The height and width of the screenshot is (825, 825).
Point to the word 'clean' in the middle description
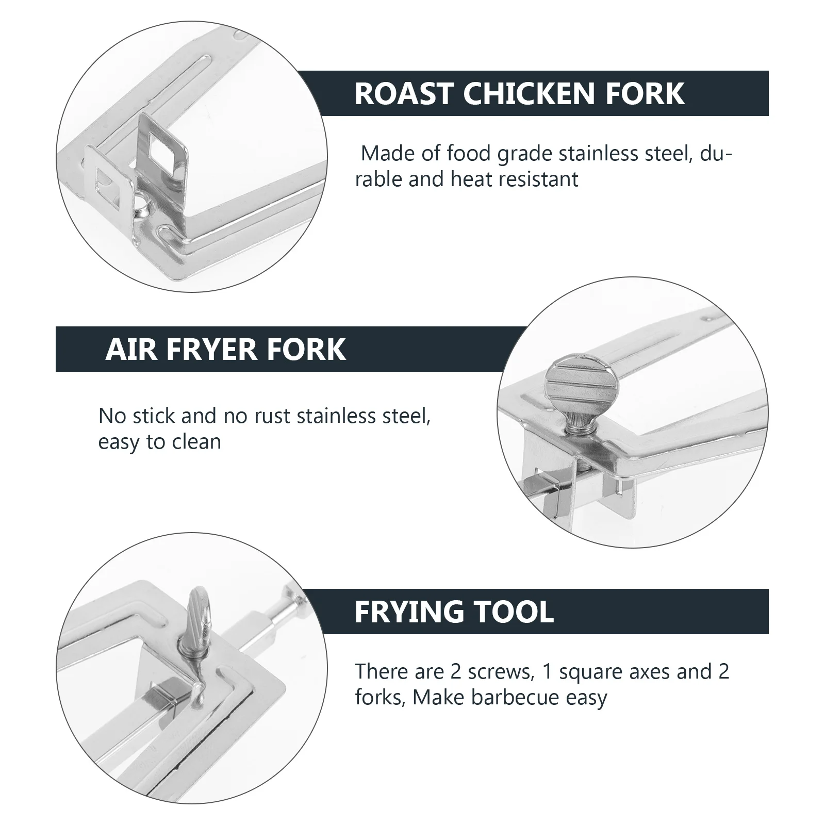(x=197, y=442)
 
